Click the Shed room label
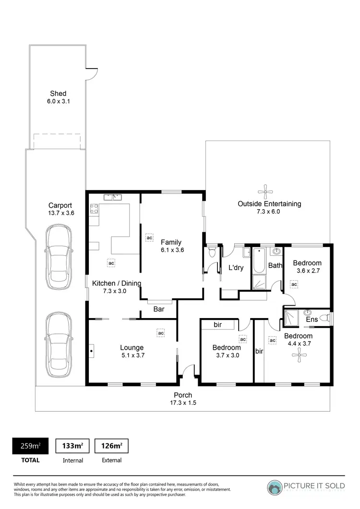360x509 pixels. pyautogui.click(x=58, y=94)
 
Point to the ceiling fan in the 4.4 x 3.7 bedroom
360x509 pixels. pyautogui.click(x=300, y=355)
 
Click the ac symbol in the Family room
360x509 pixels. pyautogui.click(x=149, y=237)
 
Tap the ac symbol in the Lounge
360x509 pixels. pyautogui.click(x=161, y=332)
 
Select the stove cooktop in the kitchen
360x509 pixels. pyautogui.click(x=95, y=209)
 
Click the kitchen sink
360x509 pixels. pyautogui.click(x=113, y=197)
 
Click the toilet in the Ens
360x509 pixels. pyautogui.click(x=324, y=317)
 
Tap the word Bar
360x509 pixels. pyautogui.click(x=159, y=309)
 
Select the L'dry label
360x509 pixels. pyautogui.click(x=236, y=268)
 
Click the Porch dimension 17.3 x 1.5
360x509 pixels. pyautogui.click(x=182, y=403)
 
